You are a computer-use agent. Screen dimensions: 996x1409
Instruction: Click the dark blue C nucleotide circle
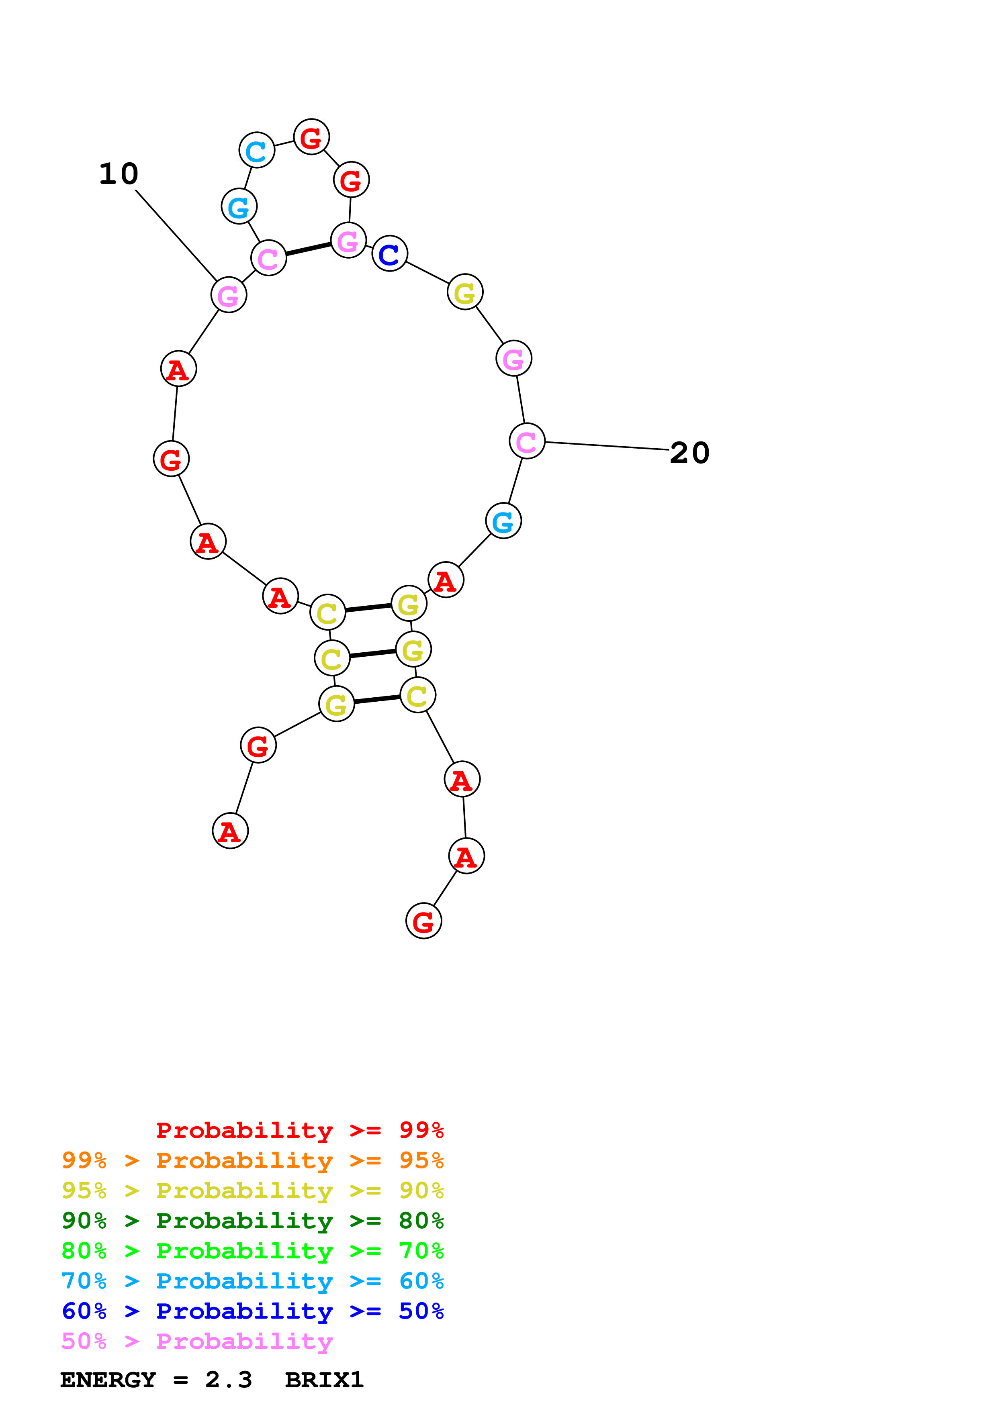coord(390,253)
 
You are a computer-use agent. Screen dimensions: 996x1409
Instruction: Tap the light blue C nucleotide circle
coord(256,150)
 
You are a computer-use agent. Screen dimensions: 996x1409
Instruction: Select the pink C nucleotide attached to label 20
coord(527,441)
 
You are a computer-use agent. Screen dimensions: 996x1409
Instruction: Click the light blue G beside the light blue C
coord(239,207)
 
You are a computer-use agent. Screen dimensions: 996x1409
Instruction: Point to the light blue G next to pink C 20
coord(503,521)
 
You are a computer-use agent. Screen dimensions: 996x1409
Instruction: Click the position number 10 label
coord(119,174)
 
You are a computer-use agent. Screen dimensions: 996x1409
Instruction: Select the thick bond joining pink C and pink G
coord(309,249)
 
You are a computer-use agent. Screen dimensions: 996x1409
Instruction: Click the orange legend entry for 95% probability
coord(252,1160)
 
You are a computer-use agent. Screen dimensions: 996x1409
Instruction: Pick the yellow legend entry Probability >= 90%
coord(252,1191)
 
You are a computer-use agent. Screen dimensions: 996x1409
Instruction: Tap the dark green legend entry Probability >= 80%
coord(252,1221)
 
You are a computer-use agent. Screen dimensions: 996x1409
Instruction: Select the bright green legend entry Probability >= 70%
coord(252,1251)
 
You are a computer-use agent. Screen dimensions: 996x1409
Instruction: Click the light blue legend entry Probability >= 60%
coord(252,1281)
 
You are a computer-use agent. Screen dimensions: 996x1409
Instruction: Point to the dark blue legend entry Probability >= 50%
coord(252,1311)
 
